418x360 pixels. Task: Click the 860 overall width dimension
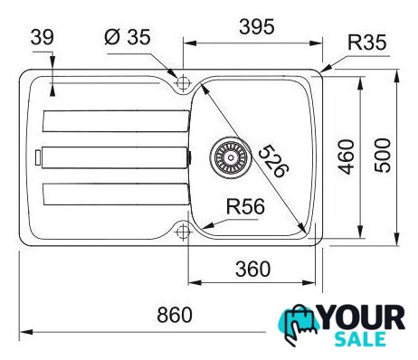pos(175,315)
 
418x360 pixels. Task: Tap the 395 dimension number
pos(257,26)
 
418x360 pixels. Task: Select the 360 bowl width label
pos(252,269)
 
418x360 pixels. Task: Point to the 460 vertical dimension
pos(347,156)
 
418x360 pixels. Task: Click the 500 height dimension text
pos(383,156)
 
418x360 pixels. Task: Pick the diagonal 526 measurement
pos(274,162)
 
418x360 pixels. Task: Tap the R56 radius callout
pos(245,206)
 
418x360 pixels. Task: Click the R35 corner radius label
pos(366,43)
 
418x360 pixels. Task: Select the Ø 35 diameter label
pos(128,37)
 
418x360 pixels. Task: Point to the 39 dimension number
pos(43,37)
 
